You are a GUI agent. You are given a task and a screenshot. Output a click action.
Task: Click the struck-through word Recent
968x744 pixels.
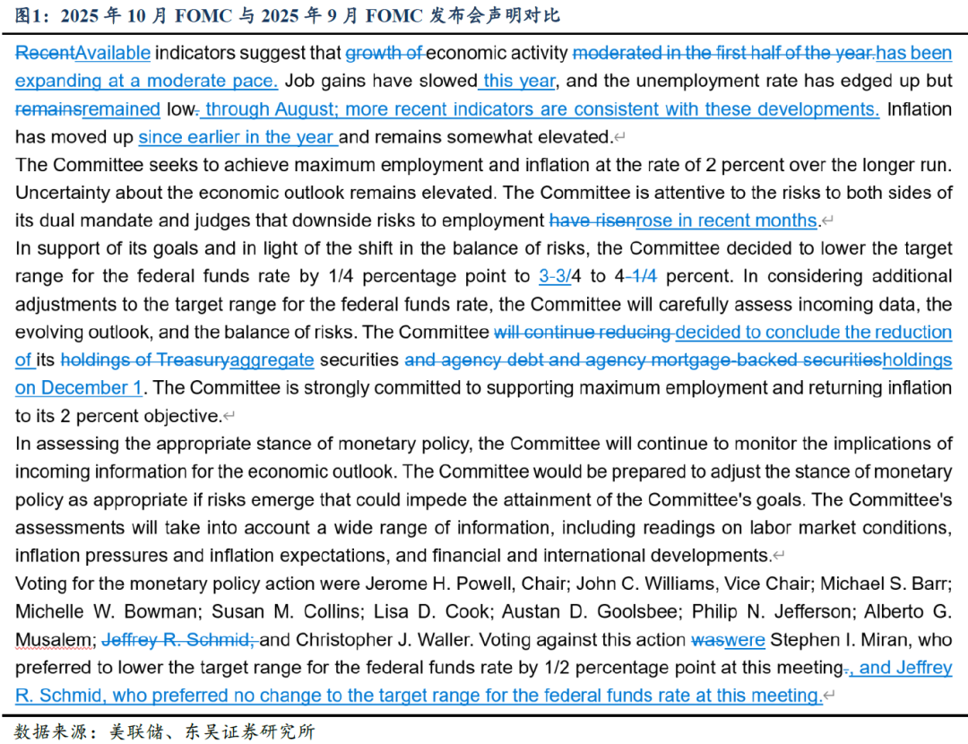pos(45,53)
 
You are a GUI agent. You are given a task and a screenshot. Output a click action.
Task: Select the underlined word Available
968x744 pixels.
pos(113,53)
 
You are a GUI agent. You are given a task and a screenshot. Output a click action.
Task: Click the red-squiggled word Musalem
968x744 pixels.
pos(52,640)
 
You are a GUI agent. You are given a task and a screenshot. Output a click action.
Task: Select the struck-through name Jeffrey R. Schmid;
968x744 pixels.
pos(179,640)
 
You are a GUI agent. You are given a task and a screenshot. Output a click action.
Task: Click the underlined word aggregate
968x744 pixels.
pos(272,360)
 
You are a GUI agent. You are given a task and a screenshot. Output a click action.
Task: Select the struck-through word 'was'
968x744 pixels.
pos(707,640)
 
